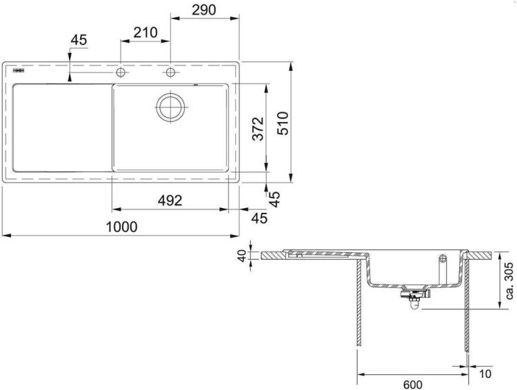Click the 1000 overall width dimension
coord(121,227)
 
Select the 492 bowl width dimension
coord(169,201)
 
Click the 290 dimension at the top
coord(204,10)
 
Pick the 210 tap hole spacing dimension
coord(145,32)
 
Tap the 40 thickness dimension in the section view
coord(241,256)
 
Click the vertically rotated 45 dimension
coord(274,199)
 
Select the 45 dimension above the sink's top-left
coord(79,41)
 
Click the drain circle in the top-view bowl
coord(170,107)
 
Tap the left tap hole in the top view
coord(121,72)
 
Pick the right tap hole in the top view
coord(170,72)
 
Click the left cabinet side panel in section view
coord(358,303)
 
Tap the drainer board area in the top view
coord(61,127)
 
